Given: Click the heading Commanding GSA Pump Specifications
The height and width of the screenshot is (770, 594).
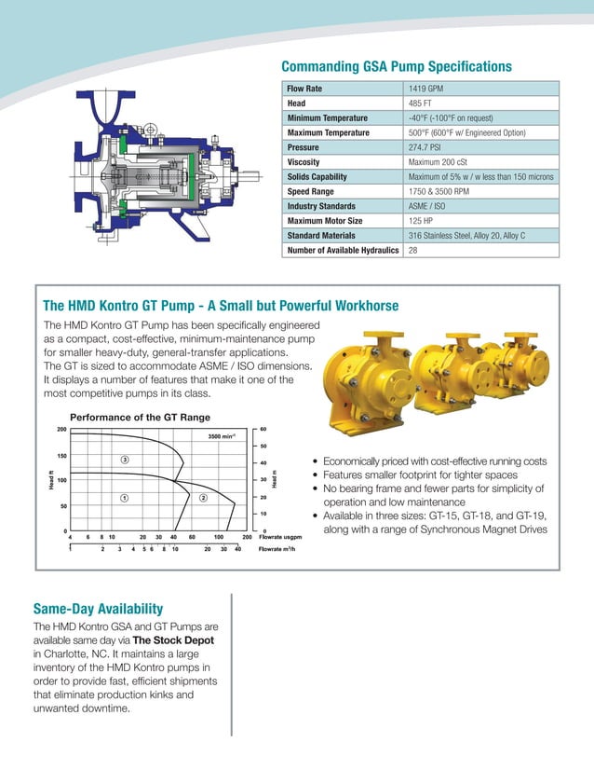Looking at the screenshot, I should (x=397, y=66).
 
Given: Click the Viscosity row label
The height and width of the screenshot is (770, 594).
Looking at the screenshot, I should (x=304, y=162).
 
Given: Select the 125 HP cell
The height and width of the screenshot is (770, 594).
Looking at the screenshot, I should (x=422, y=221).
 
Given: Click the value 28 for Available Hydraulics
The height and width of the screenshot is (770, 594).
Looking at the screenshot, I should (x=413, y=250).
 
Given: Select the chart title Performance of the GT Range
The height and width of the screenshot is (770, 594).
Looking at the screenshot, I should (x=141, y=417).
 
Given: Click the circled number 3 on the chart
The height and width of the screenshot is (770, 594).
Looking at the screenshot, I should (x=124, y=460).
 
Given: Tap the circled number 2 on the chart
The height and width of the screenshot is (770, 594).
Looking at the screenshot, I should (x=202, y=497).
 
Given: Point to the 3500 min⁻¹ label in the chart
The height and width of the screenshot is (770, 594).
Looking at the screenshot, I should (x=221, y=435).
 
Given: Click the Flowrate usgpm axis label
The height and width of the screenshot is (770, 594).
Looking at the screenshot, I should (x=283, y=537).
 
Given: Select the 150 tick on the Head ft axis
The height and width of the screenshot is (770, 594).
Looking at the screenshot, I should (x=61, y=456).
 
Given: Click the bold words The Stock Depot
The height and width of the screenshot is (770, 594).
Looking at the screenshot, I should (x=173, y=640).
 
